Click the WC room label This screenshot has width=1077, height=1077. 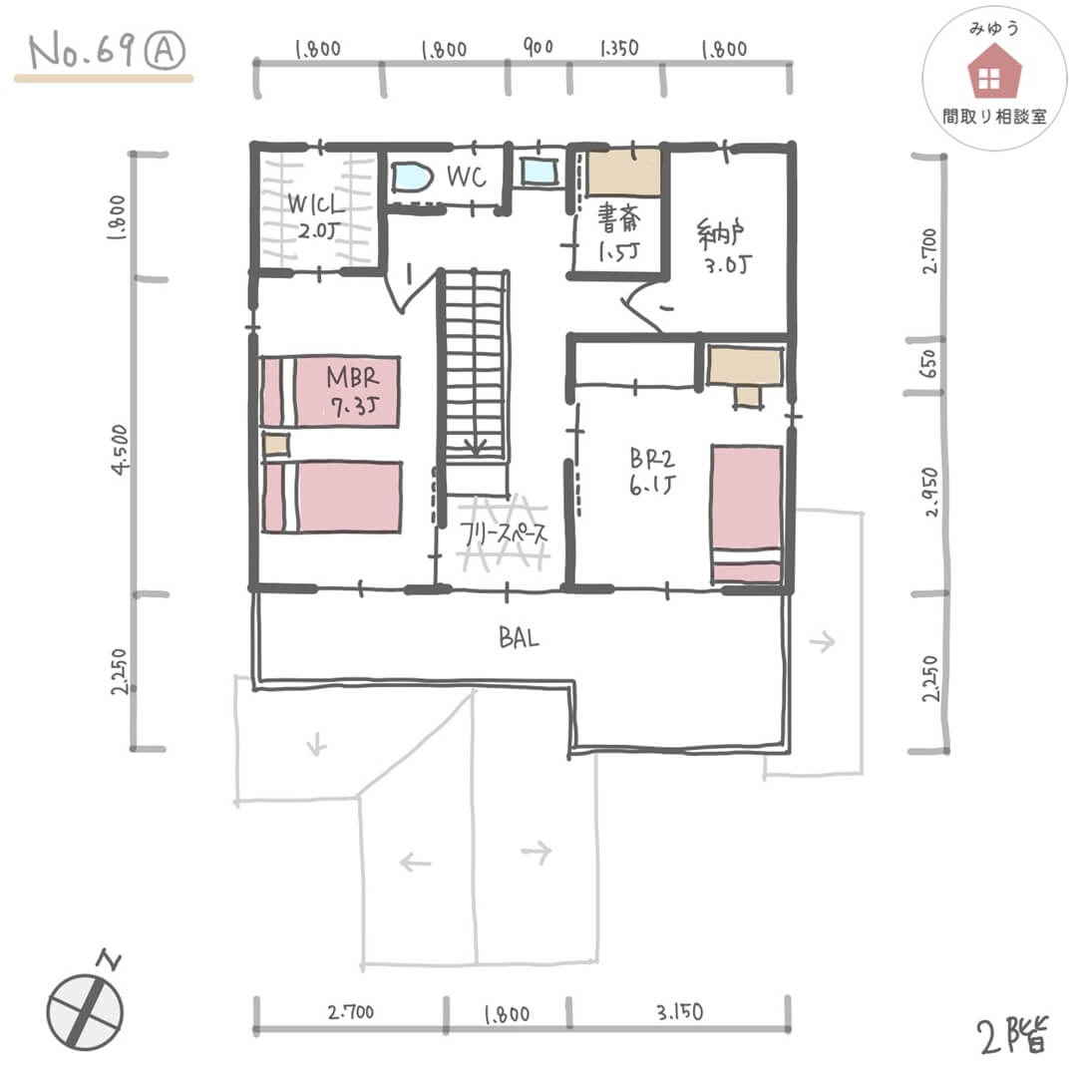click(467, 177)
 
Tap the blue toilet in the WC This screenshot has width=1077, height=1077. click(411, 178)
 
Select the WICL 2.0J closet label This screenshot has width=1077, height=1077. click(315, 215)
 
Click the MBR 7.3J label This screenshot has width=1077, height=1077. click(353, 391)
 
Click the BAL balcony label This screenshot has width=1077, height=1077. click(519, 638)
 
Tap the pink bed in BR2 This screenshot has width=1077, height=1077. click(747, 515)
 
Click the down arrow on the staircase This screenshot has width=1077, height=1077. click(475, 445)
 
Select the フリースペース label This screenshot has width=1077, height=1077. click(504, 533)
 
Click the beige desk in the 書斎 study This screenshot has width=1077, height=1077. click(623, 174)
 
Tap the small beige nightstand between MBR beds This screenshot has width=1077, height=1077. click(275, 444)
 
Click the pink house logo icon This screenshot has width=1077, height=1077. click(994, 71)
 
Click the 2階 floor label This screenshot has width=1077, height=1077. click(1012, 1035)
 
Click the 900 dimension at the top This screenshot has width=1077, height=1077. click(538, 47)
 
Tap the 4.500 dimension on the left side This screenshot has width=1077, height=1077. click(121, 450)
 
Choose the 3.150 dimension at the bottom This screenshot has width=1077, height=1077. click(679, 1012)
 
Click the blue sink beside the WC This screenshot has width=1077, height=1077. click(538, 171)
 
